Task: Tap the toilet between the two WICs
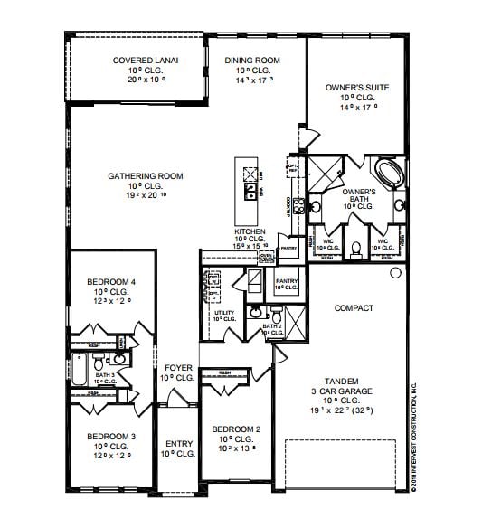[x=355, y=246]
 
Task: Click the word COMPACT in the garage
[x=354, y=308]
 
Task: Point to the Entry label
[x=179, y=448]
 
